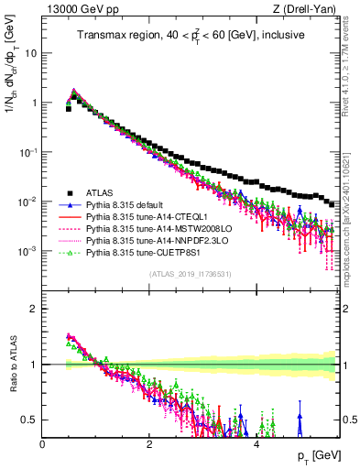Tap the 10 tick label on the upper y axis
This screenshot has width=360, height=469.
pos(31,53)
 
